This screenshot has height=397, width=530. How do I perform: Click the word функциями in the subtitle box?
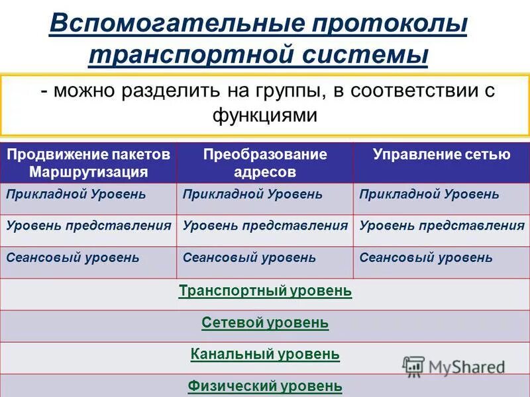click(265, 114)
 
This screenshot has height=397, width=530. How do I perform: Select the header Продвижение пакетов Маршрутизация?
click(89, 163)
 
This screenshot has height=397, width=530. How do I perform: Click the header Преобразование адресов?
click(265, 163)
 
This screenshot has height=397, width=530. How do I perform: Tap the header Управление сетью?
click(441, 155)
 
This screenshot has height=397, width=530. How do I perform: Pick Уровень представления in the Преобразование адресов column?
click(265, 226)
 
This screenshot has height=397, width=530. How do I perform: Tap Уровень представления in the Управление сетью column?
click(441, 226)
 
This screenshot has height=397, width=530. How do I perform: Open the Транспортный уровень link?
click(265, 290)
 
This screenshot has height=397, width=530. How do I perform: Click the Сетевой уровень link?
click(265, 323)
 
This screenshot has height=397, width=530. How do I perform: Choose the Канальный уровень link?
click(265, 354)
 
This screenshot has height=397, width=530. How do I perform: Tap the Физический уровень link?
click(265, 386)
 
